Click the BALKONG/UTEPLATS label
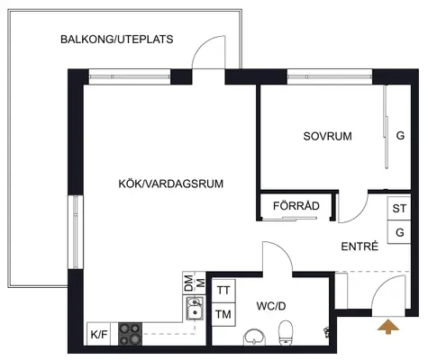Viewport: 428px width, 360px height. (117, 40)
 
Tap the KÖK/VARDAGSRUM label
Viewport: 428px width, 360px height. (171, 184)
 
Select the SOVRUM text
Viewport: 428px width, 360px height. (327, 136)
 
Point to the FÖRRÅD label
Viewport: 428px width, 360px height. (296, 206)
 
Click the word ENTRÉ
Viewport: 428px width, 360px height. (360, 247)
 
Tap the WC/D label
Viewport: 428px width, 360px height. (271, 306)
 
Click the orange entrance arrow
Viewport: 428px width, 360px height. (388, 327)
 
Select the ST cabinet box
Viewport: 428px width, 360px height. (399, 208)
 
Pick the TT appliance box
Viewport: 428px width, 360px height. (223, 291)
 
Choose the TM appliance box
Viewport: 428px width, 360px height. (223, 314)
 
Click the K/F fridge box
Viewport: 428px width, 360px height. (99, 334)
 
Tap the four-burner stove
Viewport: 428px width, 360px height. (130, 334)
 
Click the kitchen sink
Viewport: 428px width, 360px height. (195, 309)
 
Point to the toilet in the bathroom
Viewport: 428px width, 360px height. (286, 333)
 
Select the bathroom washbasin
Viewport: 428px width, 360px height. (255, 337)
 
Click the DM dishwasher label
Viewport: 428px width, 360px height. (188, 283)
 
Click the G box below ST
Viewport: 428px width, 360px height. (399, 232)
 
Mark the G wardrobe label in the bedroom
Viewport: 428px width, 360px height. (400, 136)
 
